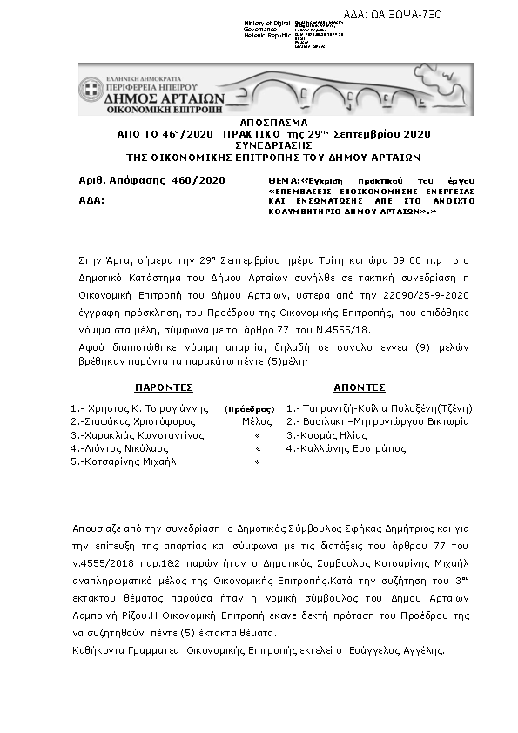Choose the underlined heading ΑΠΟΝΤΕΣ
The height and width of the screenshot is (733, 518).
360,387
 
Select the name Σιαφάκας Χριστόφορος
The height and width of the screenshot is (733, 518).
133,421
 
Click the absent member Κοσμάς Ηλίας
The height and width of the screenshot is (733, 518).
333,434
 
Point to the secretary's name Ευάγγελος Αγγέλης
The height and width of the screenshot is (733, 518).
401,650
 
